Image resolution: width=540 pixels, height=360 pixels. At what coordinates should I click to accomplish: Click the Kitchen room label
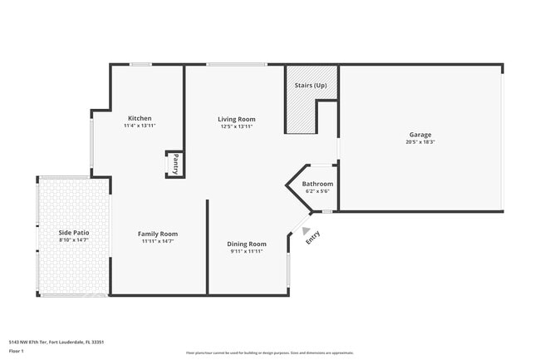coord(140,118)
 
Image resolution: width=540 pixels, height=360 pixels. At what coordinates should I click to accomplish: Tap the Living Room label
coord(237,119)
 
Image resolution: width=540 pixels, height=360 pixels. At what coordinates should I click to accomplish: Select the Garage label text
coord(420,135)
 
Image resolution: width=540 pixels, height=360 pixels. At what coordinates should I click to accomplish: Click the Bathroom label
coord(317,184)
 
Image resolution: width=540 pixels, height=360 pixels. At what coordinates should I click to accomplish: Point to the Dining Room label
coord(247,244)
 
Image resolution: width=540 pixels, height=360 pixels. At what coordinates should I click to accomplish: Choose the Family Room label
coord(158,234)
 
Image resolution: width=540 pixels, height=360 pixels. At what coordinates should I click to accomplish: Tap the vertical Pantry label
coord(175,164)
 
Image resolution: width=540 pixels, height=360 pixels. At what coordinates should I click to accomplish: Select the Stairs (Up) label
coord(311,85)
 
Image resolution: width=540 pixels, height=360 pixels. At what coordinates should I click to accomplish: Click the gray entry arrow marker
coord(307,232)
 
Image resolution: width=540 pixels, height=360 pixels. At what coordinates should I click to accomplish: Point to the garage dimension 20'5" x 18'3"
coord(420,142)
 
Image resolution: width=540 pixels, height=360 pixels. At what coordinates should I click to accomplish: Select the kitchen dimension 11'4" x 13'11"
coord(140,126)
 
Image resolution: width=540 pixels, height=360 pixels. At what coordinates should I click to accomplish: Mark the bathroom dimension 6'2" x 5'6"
coord(317,191)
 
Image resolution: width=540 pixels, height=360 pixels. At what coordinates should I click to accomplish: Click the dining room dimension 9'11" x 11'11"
coord(247,251)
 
